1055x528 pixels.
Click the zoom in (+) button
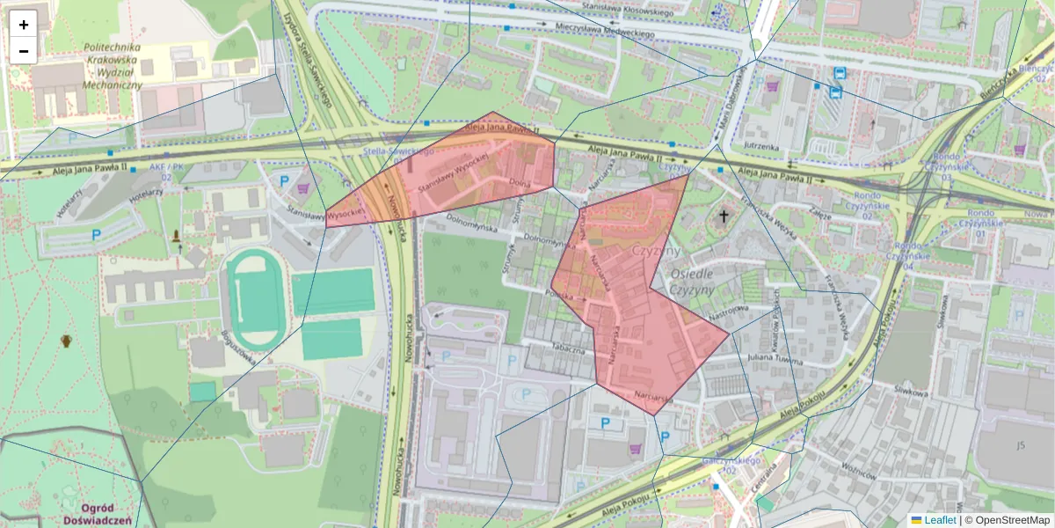24,24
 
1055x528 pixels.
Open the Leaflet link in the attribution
939,520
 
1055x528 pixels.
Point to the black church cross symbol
724,216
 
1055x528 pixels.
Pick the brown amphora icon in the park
66,341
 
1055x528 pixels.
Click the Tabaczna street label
569,348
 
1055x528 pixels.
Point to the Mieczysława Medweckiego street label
605,31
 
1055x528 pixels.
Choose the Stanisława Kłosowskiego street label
627,10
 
